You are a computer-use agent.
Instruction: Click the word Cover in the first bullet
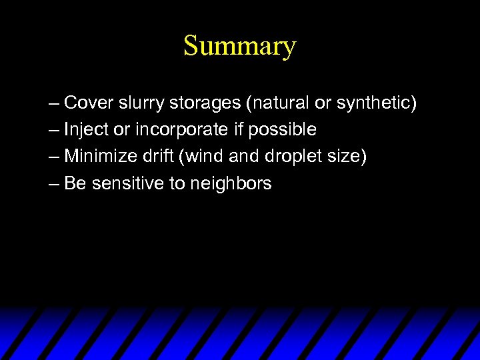[x=89, y=103]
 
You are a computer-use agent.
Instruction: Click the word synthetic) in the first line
[x=377, y=103]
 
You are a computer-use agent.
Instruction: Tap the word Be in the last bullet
[x=75, y=183]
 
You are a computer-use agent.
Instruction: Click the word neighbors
[x=231, y=183]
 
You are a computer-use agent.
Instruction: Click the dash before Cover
[x=54, y=104]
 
